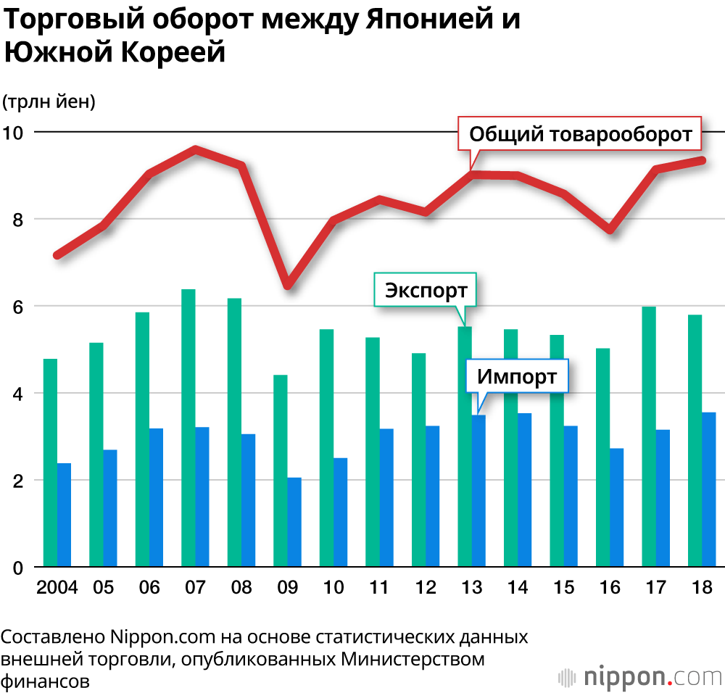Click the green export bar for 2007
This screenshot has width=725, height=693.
(188, 428)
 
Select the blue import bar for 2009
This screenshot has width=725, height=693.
(294, 522)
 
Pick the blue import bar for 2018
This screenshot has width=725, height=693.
(709, 489)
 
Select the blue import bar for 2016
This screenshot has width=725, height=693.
(617, 507)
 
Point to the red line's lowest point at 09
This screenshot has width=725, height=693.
(288, 284)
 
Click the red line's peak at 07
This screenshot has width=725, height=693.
(196, 149)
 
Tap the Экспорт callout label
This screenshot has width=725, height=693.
(426, 291)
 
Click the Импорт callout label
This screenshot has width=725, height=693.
(517, 376)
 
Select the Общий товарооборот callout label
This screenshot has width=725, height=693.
(580, 134)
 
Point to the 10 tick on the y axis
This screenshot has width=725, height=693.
(14, 133)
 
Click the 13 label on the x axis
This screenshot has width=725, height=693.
(471, 587)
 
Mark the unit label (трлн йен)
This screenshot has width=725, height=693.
(49, 102)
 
